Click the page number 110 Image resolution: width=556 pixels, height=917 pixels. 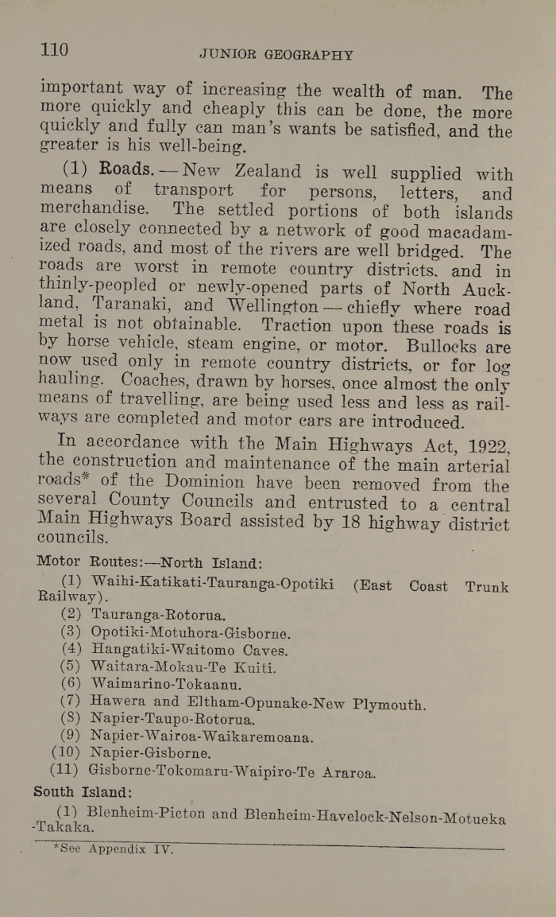coord(54,50)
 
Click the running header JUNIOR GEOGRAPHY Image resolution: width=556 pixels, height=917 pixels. coord(276,55)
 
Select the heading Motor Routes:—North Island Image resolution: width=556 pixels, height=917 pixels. coord(149,562)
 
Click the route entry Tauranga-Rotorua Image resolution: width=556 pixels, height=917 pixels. coord(159,615)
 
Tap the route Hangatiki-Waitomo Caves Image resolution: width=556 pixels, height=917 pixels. coord(189,649)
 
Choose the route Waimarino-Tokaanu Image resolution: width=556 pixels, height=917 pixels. coord(166,684)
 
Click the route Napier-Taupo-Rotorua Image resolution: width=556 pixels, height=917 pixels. coord(172,719)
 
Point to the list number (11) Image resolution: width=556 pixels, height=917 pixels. coord(64,770)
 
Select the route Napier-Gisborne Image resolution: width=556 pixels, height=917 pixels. coord(150,752)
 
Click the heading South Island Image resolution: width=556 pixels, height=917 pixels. coord(83,792)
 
